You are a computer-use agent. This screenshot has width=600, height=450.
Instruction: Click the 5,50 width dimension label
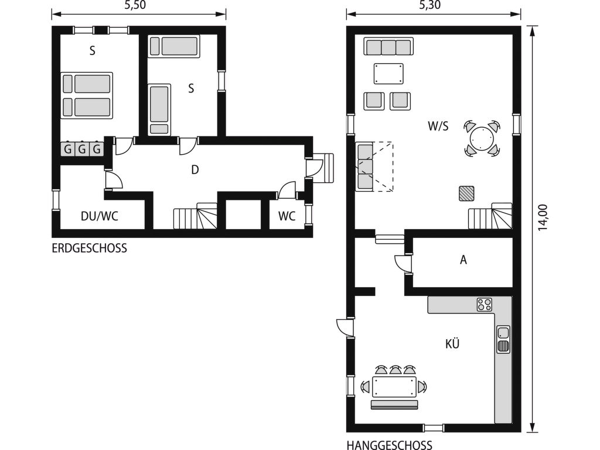tap(135, 5)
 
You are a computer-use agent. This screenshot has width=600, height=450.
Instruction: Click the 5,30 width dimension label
tap(429, 5)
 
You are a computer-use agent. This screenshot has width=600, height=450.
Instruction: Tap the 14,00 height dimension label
tap(543, 217)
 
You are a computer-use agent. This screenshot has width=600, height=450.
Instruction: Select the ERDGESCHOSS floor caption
tap(89, 248)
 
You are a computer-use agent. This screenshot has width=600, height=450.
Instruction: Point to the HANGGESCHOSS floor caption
tap(390, 445)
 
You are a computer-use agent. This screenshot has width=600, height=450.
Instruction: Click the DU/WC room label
tap(100, 216)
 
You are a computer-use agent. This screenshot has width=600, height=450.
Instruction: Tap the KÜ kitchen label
tap(452, 343)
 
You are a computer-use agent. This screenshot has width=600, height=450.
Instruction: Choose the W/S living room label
tap(438, 126)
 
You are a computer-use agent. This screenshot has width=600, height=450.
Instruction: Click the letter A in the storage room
tap(463, 260)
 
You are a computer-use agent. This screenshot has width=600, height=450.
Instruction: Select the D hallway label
tap(195, 169)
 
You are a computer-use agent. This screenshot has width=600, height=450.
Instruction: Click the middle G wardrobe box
tap(82, 148)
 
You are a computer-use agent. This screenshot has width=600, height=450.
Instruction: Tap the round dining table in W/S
tap(482, 138)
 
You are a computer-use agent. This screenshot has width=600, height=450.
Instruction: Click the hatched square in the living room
tap(466, 193)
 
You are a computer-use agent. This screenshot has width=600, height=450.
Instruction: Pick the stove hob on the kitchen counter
tap(484, 305)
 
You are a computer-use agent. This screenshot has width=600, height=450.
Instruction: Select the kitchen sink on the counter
tap(503, 339)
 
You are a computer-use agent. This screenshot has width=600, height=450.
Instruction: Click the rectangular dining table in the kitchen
tap(394, 387)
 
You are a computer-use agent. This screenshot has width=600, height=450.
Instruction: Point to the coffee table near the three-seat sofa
tap(389, 73)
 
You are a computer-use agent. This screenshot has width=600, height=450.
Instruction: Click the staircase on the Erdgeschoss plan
tap(196, 216)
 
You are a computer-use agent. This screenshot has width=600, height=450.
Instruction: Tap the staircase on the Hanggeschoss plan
tap(490, 216)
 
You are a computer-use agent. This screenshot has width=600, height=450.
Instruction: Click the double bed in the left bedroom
tap(87, 96)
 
